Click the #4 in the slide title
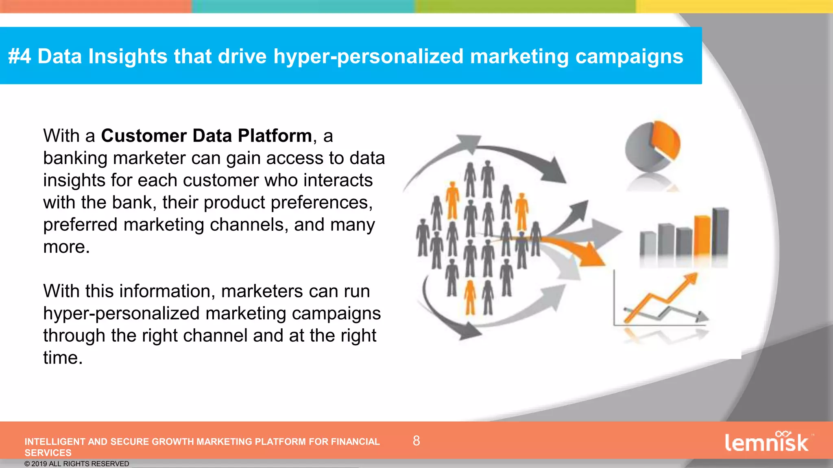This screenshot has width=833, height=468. coord(19,56)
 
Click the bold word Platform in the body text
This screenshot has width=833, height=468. coord(275,136)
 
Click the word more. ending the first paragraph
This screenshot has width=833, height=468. coord(66,247)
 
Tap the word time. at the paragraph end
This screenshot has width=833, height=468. coord(63,358)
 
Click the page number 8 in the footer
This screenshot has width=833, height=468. coord(416,441)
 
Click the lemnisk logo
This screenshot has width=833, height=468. coord(767,442)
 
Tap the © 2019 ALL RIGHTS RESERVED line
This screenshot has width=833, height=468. coord(76,464)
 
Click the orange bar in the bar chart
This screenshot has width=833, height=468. coord(702,236)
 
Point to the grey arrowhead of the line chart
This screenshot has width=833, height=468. coord(702,316)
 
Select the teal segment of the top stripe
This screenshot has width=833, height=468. coord(303,6)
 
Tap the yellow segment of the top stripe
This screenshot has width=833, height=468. coord(734,6)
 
